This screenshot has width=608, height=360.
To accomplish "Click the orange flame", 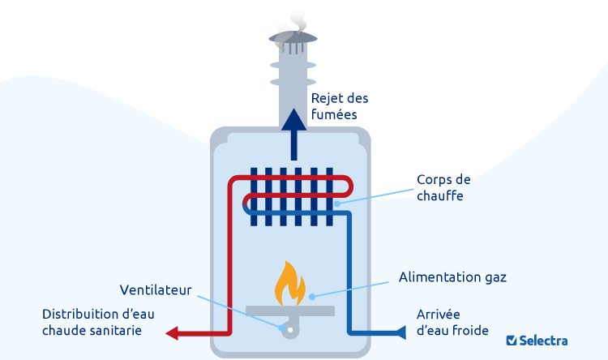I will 290,284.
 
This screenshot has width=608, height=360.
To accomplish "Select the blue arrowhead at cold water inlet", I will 400,332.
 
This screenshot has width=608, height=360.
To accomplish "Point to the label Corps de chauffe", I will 443,187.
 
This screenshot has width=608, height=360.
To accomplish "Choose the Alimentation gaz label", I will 452,277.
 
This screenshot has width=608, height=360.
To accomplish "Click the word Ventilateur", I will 156,289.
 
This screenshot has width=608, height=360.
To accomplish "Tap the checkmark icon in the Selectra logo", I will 512,341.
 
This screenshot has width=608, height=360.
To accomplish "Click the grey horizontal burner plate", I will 290,310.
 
